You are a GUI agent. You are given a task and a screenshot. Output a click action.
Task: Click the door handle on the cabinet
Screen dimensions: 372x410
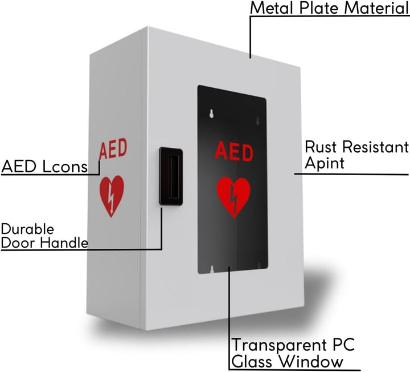170,176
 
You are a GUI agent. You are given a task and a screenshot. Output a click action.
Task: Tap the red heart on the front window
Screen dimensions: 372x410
233,197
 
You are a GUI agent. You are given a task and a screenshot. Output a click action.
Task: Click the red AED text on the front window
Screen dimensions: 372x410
233,152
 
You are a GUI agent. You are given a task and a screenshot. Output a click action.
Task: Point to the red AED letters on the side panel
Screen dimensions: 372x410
113,149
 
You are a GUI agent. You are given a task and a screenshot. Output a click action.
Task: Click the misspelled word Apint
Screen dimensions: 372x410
325,163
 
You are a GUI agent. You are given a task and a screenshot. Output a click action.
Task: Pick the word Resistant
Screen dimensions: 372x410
375,147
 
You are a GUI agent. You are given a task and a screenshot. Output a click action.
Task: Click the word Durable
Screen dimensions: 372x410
27,229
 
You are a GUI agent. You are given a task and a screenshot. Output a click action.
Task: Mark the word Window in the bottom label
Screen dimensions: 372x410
314,361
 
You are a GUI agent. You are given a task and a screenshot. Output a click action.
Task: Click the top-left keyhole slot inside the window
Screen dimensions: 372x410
212,113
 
